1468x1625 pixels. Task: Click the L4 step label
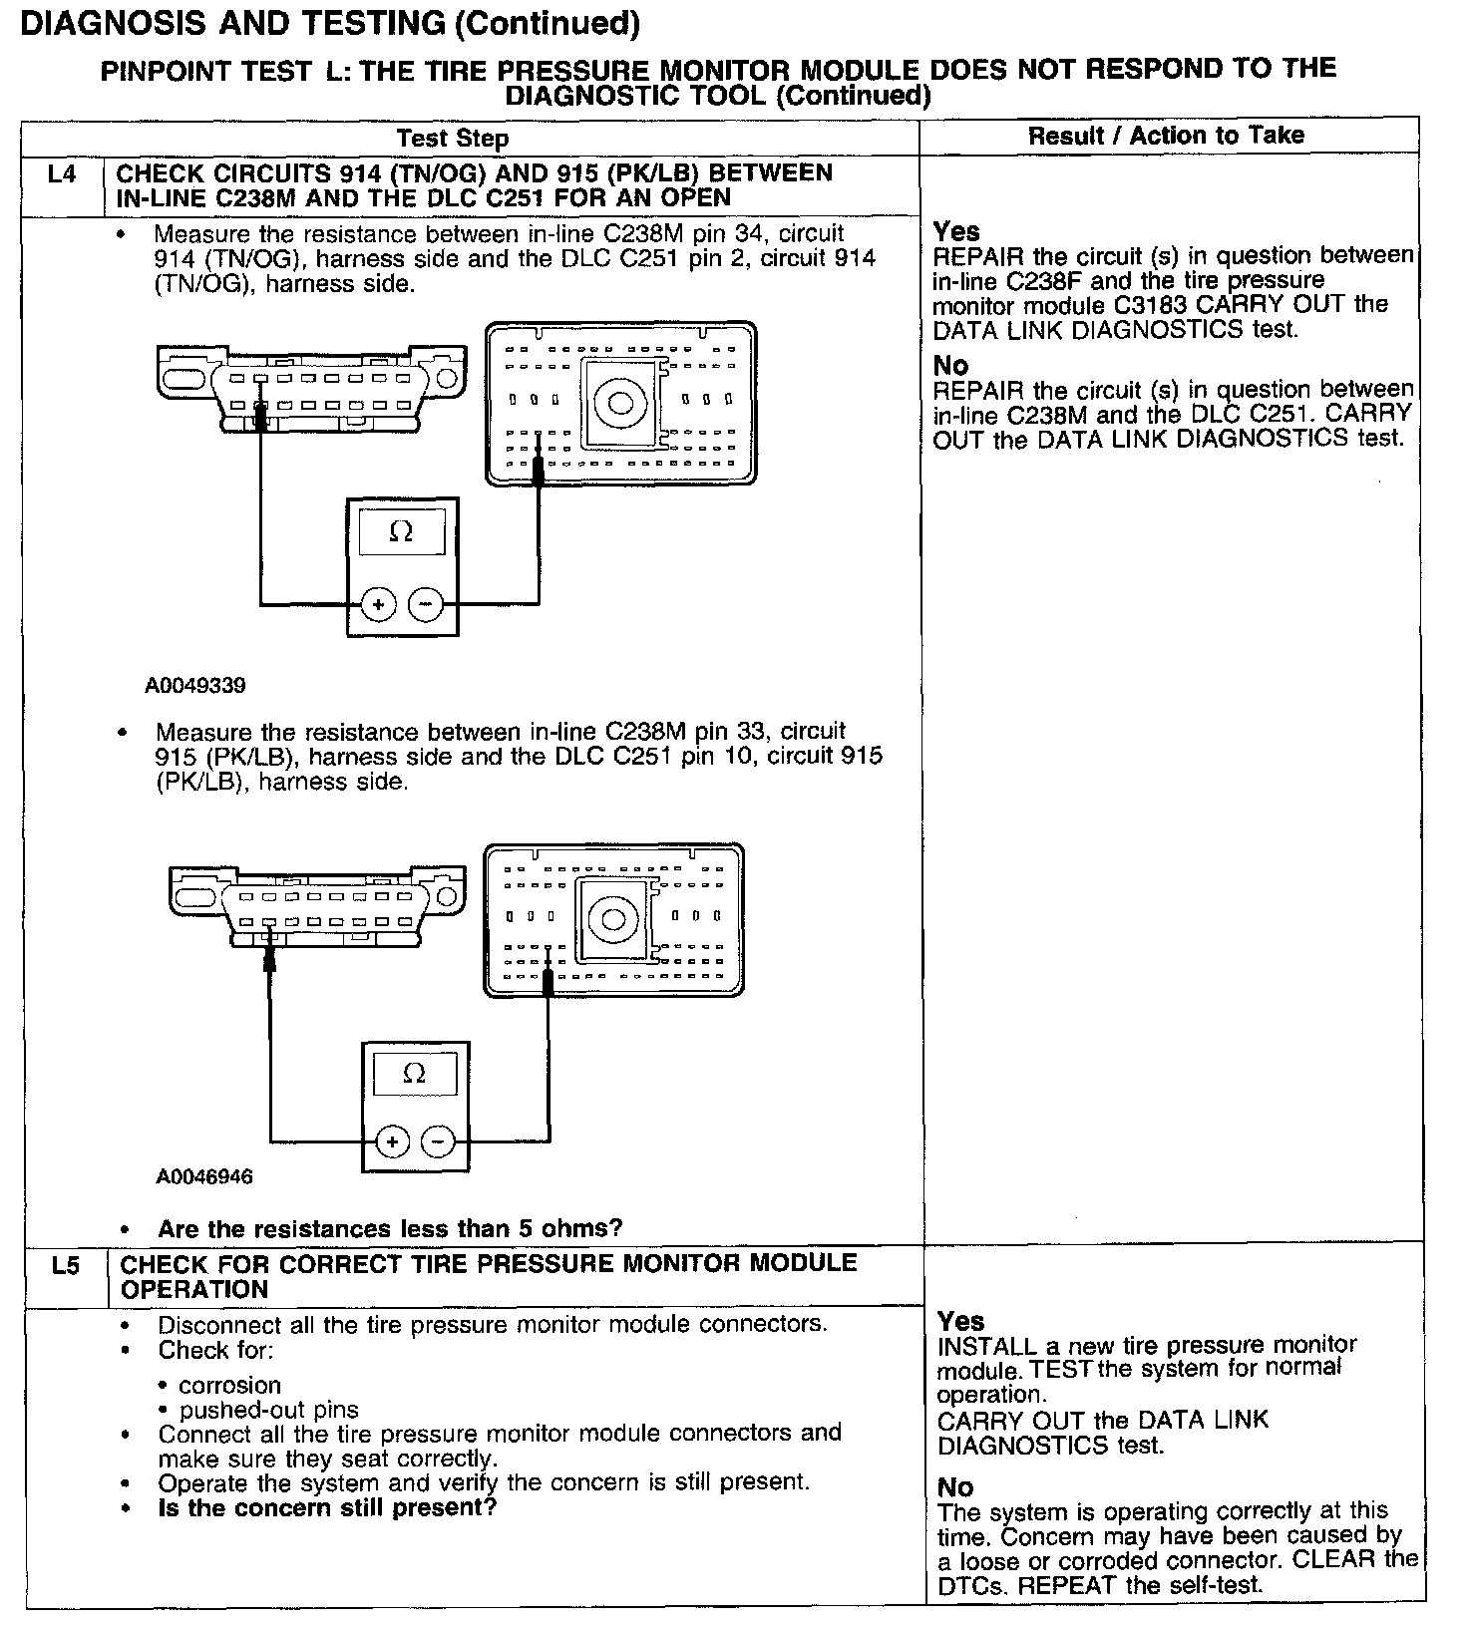pyautogui.click(x=62, y=174)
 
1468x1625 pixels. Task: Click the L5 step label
pyautogui.click(x=65, y=1265)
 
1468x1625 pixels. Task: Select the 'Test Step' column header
pyautogui.click(x=453, y=138)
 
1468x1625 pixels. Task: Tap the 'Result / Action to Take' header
pyautogui.click(x=1166, y=135)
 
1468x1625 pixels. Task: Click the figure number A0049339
pyautogui.click(x=195, y=685)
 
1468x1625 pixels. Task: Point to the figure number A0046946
pyautogui.click(x=204, y=1176)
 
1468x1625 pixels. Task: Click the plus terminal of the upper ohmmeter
pyautogui.click(x=378, y=604)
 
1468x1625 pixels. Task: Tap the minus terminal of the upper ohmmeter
pyautogui.click(x=426, y=604)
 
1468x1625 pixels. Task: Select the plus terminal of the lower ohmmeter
pyautogui.click(x=392, y=1141)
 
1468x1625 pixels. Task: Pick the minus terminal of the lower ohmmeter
pyautogui.click(x=438, y=1141)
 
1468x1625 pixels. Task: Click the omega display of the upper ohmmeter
pyautogui.click(x=401, y=532)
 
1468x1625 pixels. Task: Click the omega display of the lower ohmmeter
pyautogui.click(x=414, y=1074)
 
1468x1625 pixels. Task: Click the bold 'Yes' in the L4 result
pyautogui.click(x=956, y=231)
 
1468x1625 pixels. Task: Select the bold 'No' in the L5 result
pyautogui.click(x=955, y=1487)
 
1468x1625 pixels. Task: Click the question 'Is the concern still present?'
pyautogui.click(x=327, y=1506)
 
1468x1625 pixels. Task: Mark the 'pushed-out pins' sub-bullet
pyautogui.click(x=268, y=1410)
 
